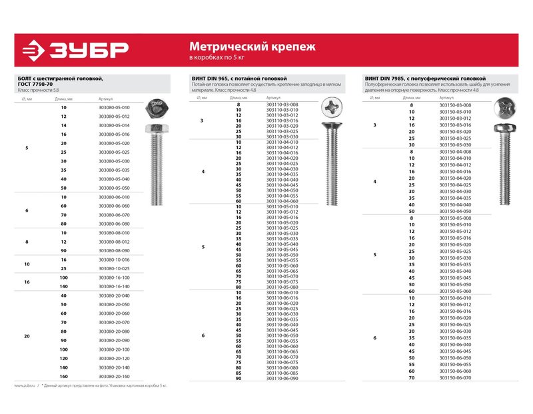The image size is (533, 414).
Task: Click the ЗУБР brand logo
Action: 74,50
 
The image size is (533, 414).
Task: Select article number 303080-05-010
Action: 114,107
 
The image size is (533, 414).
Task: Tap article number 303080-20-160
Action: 114,377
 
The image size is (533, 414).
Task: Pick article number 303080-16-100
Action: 114,277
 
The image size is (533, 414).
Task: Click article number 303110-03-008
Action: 282,104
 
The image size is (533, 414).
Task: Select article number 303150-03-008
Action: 456,105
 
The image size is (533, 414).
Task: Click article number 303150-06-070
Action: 456,377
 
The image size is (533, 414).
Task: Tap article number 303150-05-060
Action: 456,291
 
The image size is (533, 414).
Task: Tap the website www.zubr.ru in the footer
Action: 25,385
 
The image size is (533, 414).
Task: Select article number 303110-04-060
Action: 282,201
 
